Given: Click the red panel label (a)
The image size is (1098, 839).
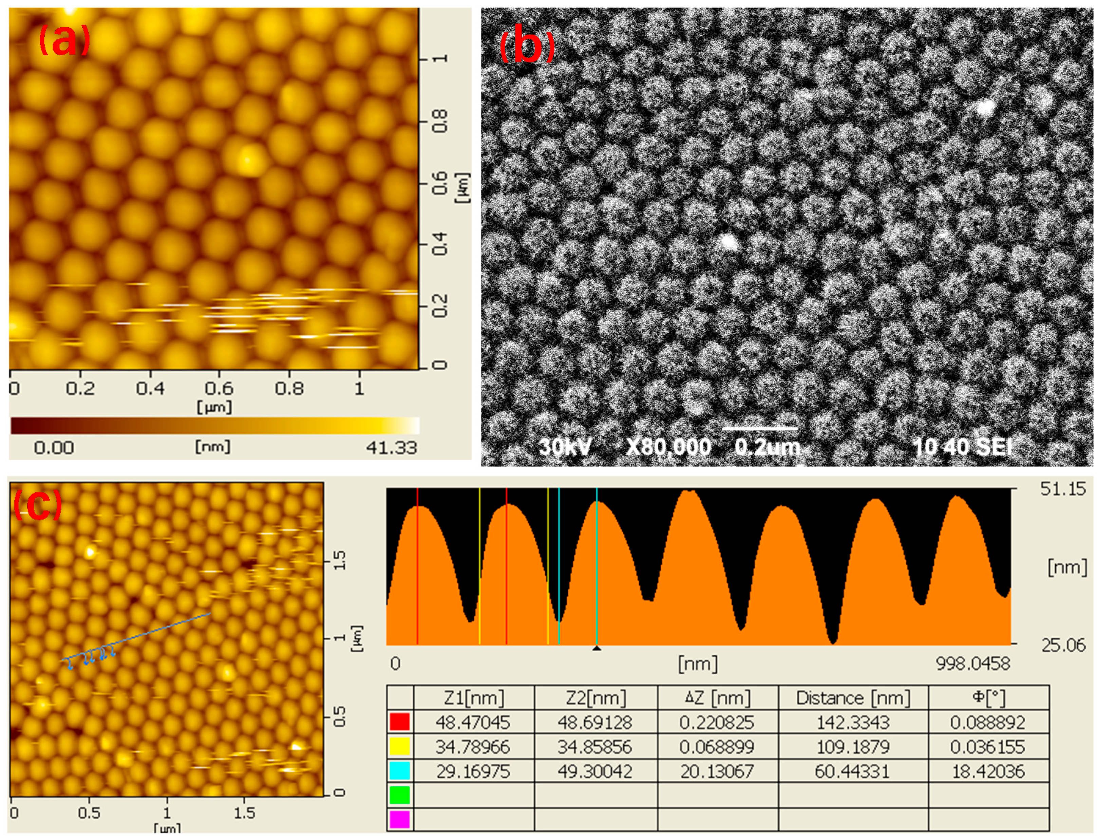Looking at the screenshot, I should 64,41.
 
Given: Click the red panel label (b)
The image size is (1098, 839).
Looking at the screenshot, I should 527,48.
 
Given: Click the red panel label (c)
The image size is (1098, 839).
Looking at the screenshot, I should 37,504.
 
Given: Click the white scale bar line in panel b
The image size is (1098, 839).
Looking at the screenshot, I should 759,428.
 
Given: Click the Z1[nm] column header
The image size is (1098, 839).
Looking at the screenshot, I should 473,698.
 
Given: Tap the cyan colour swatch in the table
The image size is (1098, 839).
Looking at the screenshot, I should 399,771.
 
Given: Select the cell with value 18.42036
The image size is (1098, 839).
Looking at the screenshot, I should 988,771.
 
